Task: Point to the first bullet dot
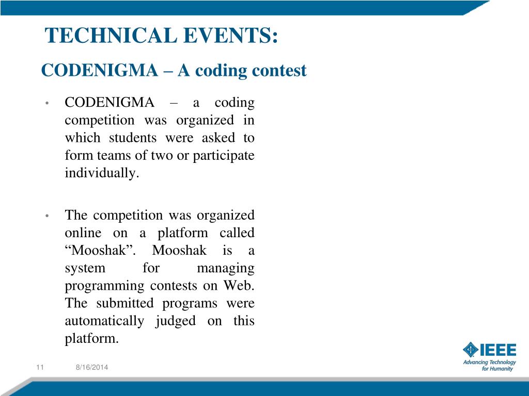point(46,103)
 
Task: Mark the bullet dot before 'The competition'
point(46,216)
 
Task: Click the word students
point(132,138)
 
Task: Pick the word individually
point(102,173)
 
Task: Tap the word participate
point(224,156)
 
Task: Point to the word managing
point(226,268)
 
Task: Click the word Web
point(239,286)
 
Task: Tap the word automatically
point(104,321)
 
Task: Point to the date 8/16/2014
point(92,367)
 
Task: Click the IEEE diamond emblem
point(470,350)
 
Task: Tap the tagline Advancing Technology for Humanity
point(489,366)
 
